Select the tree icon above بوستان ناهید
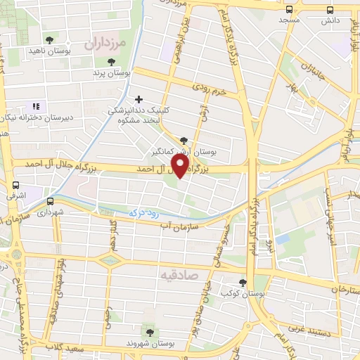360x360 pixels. [x=49, y=41]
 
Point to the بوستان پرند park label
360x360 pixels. [x=112, y=72]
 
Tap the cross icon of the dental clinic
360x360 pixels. [x=139, y=99]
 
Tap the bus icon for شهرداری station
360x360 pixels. [x=49, y=201]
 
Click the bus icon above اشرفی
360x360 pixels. [x=15, y=185]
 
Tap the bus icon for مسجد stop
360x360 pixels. [x=290, y=9]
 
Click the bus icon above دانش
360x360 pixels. [x=330, y=10]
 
